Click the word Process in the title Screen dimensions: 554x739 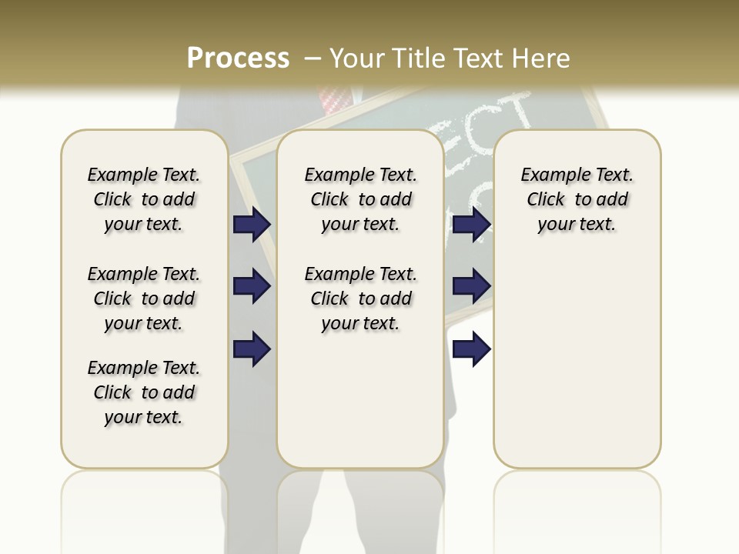coord(238,58)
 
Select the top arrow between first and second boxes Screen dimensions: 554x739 coord(252,225)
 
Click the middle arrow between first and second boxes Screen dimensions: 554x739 coord(252,287)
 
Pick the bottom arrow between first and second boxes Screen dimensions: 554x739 coord(252,349)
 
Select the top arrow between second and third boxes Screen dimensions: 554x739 coord(471,225)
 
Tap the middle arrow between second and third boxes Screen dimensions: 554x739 coord(471,287)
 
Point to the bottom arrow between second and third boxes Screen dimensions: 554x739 coord(471,349)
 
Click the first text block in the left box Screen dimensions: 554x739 coord(144,199)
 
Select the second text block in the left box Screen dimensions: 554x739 coord(144,299)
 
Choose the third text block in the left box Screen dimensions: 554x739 coord(144,392)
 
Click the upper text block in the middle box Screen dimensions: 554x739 coord(360,199)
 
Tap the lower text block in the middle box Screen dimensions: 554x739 coord(360,299)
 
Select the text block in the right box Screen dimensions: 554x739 coord(577,199)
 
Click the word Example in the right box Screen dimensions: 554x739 coord(550,175)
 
